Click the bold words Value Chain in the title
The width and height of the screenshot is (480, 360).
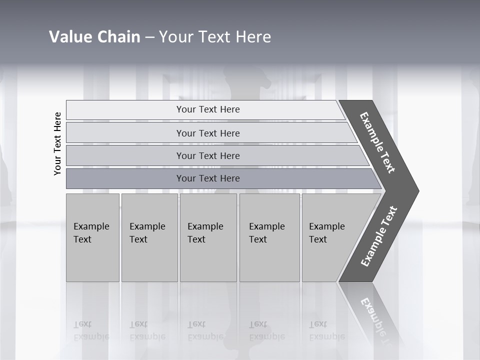click(94, 37)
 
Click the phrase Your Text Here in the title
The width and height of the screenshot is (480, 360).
click(215, 37)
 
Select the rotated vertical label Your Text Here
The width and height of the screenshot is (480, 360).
click(58, 143)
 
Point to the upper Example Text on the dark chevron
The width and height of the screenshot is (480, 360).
click(377, 142)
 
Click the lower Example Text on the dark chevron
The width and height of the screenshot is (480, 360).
click(379, 236)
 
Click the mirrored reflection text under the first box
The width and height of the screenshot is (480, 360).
click(91, 330)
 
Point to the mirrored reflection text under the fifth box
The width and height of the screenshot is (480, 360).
click(326, 330)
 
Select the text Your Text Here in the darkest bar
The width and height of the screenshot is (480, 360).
click(208, 178)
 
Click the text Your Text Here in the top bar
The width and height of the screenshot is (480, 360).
click(208, 109)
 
